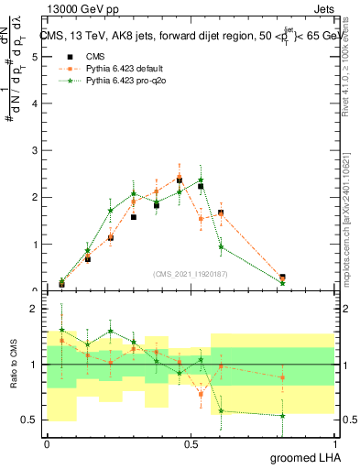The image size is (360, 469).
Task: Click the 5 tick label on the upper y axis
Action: pos(34,57)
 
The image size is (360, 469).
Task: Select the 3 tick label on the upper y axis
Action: pos(34,150)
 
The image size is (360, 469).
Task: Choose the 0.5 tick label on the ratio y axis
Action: pos(30,420)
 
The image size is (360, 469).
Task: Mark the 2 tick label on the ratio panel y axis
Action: pos(34,310)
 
